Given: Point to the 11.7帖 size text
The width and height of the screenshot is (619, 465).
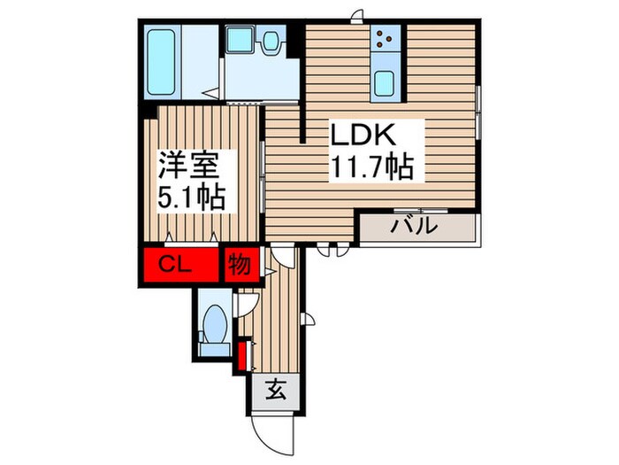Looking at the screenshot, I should click(x=371, y=166).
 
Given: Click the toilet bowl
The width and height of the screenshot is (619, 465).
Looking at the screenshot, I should click(x=215, y=326).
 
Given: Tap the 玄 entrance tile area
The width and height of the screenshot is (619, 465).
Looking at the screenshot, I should click(x=276, y=390).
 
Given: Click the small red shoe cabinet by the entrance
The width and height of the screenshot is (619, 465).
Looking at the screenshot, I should click(x=241, y=356).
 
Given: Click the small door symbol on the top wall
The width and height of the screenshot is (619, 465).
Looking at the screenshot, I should click(x=356, y=15).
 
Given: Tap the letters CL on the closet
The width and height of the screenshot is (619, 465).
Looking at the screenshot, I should click(x=176, y=263).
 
